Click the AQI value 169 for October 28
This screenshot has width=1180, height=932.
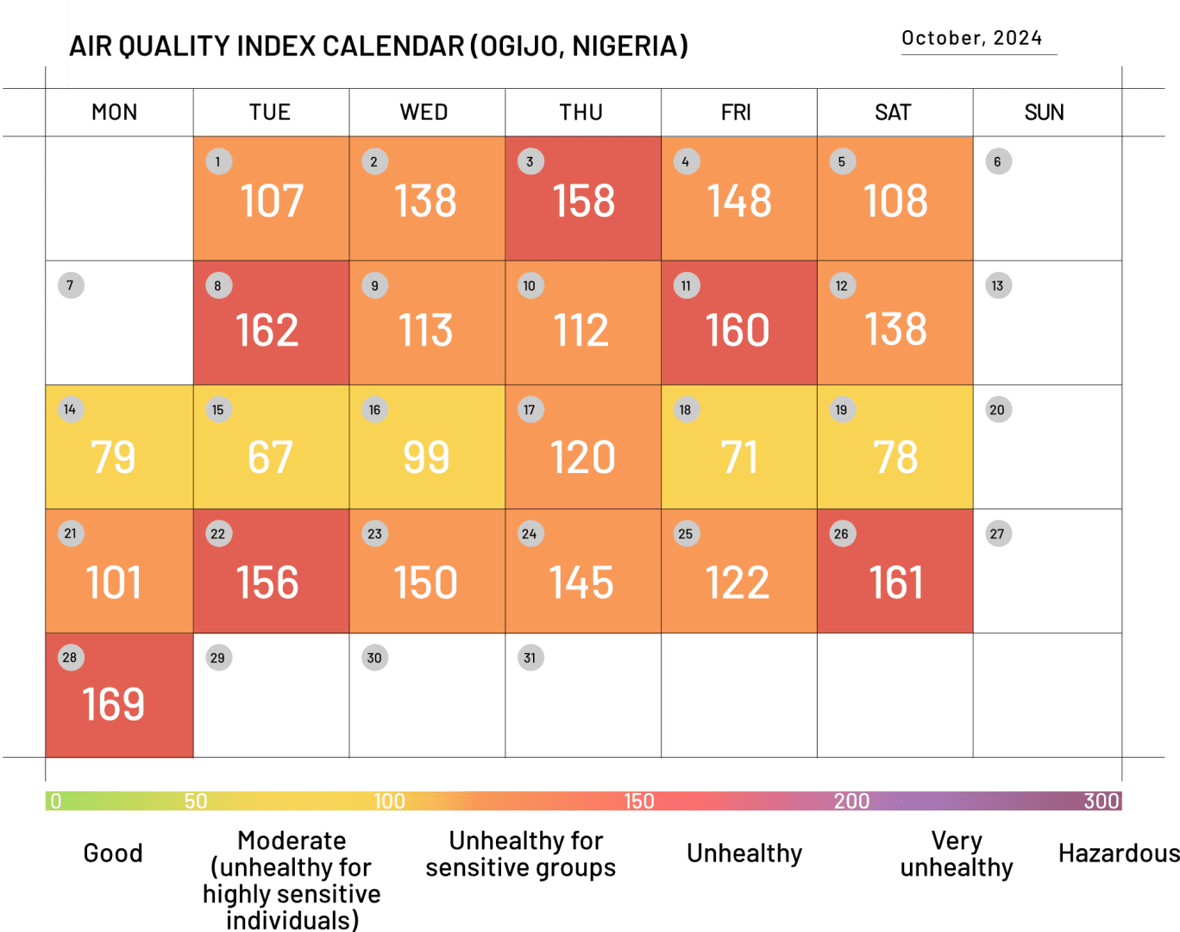click(x=114, y=705)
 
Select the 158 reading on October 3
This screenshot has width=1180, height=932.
click(x=584, y=201)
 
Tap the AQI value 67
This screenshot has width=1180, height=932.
click(x=270, y=457)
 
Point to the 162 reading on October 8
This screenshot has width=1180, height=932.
click(x=267, y=331)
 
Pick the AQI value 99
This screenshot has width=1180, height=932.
click(x=426, y=457)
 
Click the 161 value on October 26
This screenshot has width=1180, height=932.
click(x=896, y=582)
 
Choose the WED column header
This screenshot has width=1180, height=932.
click(x=424, y=112)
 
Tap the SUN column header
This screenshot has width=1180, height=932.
click(x=1044, y=112)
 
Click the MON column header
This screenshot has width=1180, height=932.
click(x=115, y=112)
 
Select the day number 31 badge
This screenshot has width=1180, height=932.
click(x=530, y=658)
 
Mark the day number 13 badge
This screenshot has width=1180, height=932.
click(x=997, y=286)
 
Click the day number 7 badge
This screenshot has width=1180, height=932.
click(x=70, y=286)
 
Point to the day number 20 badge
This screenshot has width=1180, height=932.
click(x=997, y=410)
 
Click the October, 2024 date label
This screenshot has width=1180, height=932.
click(x=971, y=38)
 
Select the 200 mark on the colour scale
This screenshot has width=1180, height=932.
click(x=851, y=801)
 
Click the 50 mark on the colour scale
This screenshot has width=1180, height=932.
click(x=196, y=801)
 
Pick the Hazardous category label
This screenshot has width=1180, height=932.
click(x=1118, y=853)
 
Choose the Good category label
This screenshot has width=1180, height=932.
click(x=113, y=853)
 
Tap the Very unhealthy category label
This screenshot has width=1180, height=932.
click(x=956, y=853)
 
